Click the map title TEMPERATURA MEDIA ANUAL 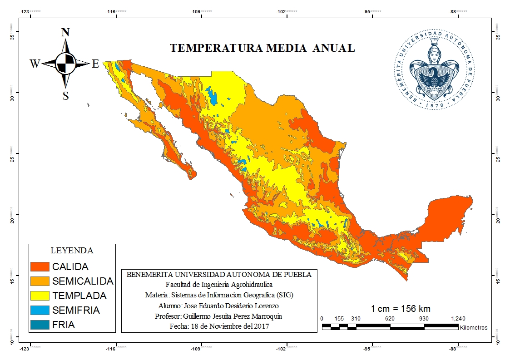[262, 49]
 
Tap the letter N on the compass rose [65, 32]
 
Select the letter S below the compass [66, 96]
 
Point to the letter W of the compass [35, 64]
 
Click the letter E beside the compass [95, 64]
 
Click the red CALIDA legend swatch [39, 267]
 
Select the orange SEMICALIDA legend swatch [39, 281]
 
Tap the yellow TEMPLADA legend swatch [39, 296]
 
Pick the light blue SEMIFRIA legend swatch [39, 311]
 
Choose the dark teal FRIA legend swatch [39, 325]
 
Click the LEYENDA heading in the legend [72, 251]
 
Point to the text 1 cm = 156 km [401, 309]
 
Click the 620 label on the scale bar [390, 319]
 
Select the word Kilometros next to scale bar [473, 327]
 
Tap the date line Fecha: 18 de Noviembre [219, 326]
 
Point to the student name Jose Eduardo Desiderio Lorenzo [219, 306]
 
